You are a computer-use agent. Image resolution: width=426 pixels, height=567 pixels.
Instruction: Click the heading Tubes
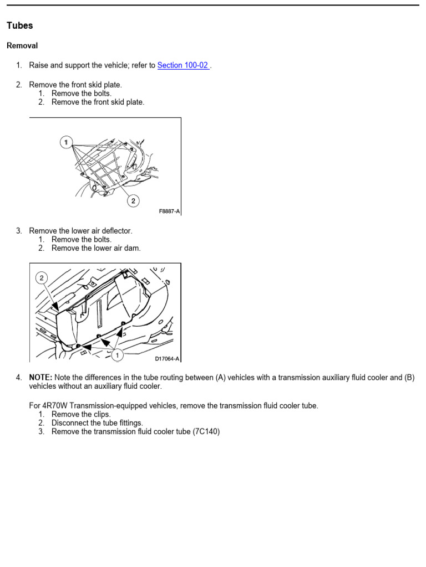(19, 25)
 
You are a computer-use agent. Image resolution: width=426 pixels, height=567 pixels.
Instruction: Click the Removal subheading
(22, 45)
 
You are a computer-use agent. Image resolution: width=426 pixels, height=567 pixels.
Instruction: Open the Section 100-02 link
(183, 65)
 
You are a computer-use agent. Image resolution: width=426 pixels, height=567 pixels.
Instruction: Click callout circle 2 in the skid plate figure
(133, 200)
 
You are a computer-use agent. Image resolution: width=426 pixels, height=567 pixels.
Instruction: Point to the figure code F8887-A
(169, 212)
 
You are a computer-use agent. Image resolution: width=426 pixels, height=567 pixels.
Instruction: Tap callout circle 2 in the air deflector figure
(43, 278)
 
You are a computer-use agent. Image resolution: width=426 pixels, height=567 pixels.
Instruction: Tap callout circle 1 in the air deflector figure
(117, 355)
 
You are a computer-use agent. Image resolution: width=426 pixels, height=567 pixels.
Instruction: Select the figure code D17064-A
(167, 359)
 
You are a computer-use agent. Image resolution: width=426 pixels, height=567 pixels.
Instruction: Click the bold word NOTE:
(40, 378)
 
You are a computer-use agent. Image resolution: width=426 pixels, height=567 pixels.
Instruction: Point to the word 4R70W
(53, 406)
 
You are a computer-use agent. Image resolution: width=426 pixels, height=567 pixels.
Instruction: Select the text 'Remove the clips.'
(81, 414)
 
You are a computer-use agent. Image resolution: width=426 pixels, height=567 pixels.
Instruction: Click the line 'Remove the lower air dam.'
(96, 248)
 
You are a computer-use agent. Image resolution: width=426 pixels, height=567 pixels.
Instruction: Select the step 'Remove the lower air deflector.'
(81, 230)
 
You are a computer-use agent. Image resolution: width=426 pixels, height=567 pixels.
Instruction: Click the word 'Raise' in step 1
(38, 65)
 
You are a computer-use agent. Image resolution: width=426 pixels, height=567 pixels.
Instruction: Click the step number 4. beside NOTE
(19, 378)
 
